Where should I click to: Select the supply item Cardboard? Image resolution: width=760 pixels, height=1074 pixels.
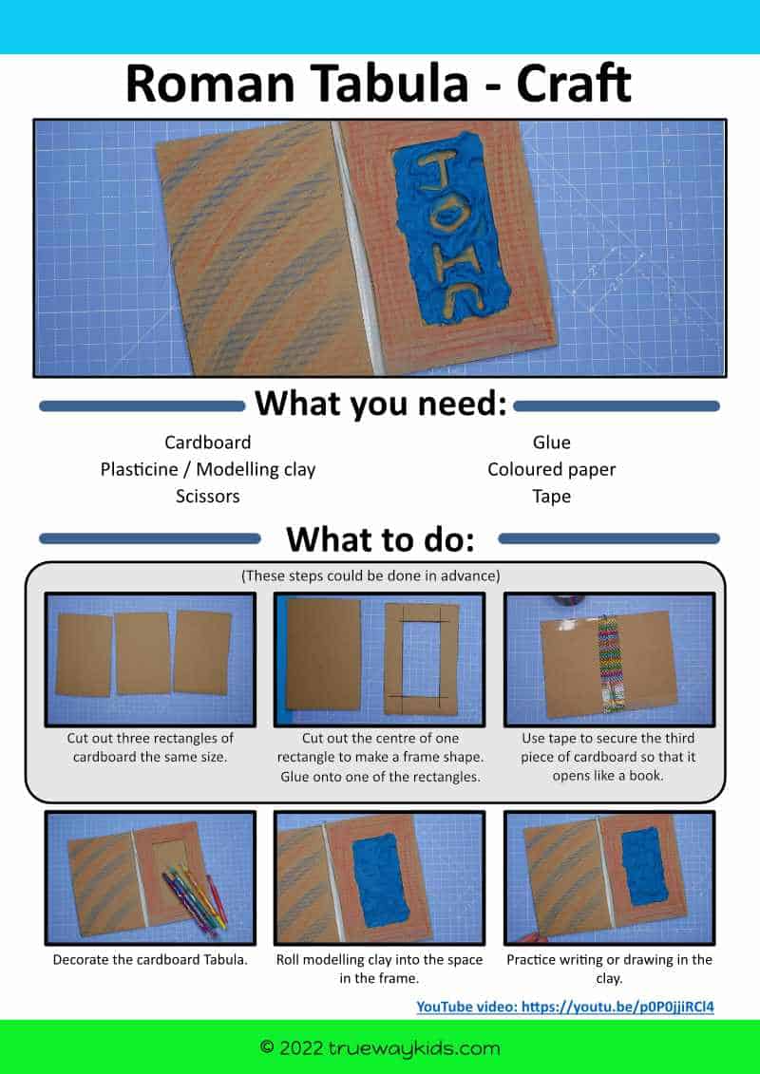[208, 443]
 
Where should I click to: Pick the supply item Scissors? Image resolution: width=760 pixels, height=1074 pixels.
[208, 496]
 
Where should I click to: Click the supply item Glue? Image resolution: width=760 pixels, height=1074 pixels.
[552, 443]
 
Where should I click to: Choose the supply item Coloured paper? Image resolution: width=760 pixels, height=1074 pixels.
[552, 470]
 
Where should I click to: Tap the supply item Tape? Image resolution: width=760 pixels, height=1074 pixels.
[552, 497]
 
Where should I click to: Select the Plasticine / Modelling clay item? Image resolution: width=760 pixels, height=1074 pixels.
[208, 470]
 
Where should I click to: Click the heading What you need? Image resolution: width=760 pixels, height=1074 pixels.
[381, 405]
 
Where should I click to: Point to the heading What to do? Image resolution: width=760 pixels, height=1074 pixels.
[380, 539]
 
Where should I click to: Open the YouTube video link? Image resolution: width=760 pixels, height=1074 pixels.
[565, 1007]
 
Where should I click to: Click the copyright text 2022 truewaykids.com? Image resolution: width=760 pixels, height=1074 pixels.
[380, 1048]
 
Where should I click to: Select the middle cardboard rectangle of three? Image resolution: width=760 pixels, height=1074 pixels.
[142, 653]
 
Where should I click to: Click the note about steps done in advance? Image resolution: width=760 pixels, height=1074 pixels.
[370, 576]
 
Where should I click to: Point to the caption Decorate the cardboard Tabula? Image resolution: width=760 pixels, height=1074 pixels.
[150, 960]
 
